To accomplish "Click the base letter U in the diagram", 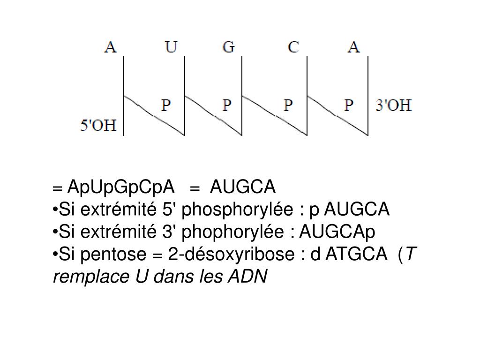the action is pyautogui.click(x=170, y=47).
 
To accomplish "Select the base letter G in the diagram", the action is pyautogui.click(x=228, y=47).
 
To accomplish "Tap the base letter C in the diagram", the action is pyautogui.click(x=293, y=47).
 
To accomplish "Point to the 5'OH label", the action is pyautogui.click(x=98, y=126).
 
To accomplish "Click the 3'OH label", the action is pyautogui.click(x=394, y=105).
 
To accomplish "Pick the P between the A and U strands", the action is pyautogui.click(x=166, y=105).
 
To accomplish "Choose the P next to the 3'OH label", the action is pyautogui.click(x=349, y=105).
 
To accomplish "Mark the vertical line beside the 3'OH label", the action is pyautogui.click(x=368, y=96).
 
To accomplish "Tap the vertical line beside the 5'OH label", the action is pyautogui.click(x=124, y=96).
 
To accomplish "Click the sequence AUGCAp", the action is pyautogui.click(x=337, y=232).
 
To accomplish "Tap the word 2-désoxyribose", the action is pyautogui.click(x=231, y=255).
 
